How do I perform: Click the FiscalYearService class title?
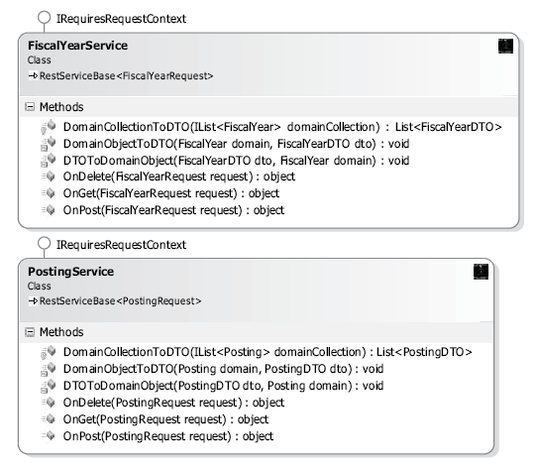[x=77, y=46]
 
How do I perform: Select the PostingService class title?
[x=70, y=272]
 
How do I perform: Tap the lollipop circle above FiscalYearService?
[x=44, y=18]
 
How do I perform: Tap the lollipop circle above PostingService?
[x=44, y=244]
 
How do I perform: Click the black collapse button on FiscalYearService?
[x=505, y=46]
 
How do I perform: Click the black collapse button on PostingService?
[x=481, y=272]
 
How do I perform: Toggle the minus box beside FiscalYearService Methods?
[x=30, y=107]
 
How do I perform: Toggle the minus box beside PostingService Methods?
[x=30, y=332]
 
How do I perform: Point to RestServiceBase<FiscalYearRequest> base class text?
[x=126, y=75]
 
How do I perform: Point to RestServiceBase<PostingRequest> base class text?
[x=120, y=301]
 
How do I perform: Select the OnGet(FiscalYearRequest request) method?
[x=171, y=193]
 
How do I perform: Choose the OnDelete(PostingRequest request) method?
[x=173, y=403]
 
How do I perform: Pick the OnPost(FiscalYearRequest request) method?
[x=173, y=210]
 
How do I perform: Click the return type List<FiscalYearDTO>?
[x=448, y=127]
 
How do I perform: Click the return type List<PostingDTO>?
[x=424, y=352]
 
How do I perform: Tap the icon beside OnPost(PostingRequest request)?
[x=49, y=436]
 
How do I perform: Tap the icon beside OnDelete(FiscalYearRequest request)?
[x=49, y=176]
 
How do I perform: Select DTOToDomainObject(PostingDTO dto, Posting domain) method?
[x=224, y=386]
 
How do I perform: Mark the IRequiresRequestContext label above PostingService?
[x=121, y=245]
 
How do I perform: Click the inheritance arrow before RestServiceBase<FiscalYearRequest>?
[x=33, y=75]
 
